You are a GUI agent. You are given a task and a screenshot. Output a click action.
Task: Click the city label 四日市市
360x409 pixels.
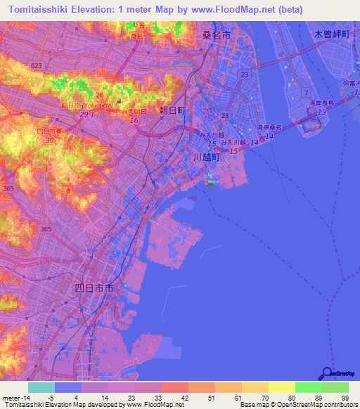[x=94, y=288]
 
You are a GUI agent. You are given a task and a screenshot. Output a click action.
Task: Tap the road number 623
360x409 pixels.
[x=37, y=65]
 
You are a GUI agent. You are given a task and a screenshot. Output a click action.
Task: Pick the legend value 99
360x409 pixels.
[x=344, y=398]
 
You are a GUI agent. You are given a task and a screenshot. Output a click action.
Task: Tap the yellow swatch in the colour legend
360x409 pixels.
[x=281, y=387]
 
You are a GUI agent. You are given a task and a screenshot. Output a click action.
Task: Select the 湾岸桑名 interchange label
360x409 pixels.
[x=269, y=127]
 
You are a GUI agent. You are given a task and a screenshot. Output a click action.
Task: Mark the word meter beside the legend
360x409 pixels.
[x=10, y=398]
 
